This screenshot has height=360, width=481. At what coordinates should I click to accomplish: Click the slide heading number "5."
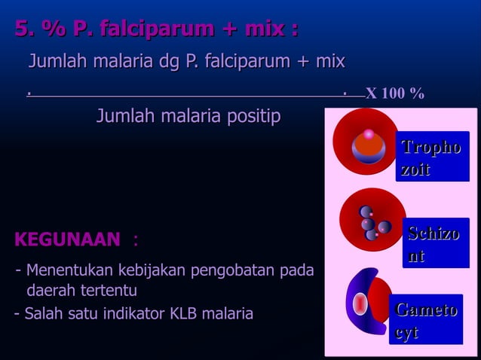(x=26, y=29)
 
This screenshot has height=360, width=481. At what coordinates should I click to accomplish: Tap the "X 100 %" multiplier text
(x=394, y=94)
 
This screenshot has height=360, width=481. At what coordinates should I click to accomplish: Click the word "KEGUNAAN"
(x=67, y=240)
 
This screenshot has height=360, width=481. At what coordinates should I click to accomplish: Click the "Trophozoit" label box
(x=431, y=157)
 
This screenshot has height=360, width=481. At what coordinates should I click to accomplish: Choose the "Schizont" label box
(x=434, y=244)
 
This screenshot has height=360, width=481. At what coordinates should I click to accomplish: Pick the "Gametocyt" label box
(x=426, y=321)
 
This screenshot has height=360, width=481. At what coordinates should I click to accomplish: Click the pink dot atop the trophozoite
(x=369, y=135)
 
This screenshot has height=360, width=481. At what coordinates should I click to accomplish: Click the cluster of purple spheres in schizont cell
(x=372, y=224)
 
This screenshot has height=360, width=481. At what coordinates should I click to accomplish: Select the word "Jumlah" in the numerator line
(x=54, y=61)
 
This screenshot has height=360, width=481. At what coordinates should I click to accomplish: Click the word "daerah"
(x=51, y=291)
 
